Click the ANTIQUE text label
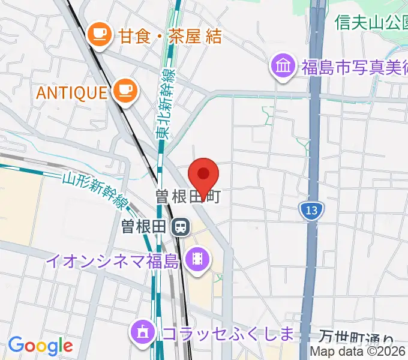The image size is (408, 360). [x=71, y=92]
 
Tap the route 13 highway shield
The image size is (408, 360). [x=310, y=211]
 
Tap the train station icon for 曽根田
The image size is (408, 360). [x=180, y=227]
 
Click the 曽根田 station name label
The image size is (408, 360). [x=143, y=227]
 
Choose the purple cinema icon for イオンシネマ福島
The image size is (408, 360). [x=197, y=260]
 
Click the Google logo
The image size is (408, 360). [x=40, y=346]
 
